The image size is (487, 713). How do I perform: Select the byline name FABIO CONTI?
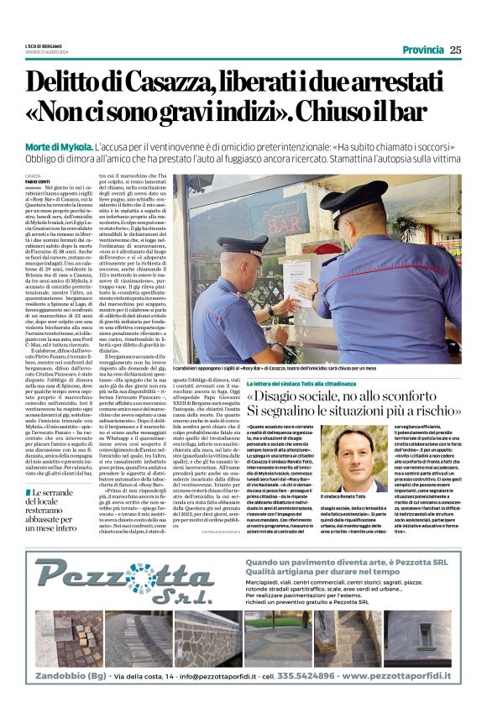coord(37,181)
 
